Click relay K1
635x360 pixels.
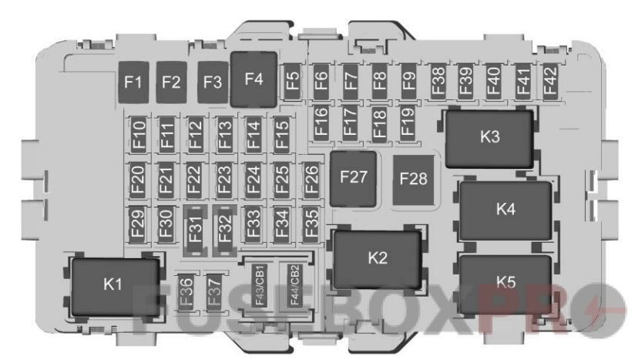click(x=113, y=284)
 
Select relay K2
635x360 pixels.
click(x=377, y=258)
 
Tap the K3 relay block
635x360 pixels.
click(x=490, y=137)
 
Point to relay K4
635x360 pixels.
click(x=506, y=209)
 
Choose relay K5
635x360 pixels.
click(x=506, y=282)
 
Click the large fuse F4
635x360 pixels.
click(x=254, y=79)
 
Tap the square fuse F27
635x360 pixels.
click(x=354, y=177)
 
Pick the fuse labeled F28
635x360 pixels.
click(x=413, y=179)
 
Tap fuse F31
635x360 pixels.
click(x=195, y=227)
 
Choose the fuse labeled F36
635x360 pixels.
click(x=185, y=290)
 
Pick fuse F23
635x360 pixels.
click(x=223, y=179)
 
